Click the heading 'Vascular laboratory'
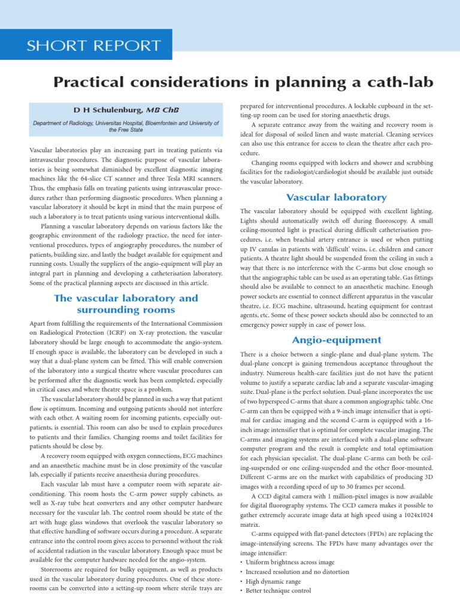pyautogui.click(x=337, y=198)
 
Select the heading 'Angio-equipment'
pyautogui.click(x=337, y=340)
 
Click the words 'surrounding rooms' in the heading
pyautogui.click(x=126, y=309)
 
